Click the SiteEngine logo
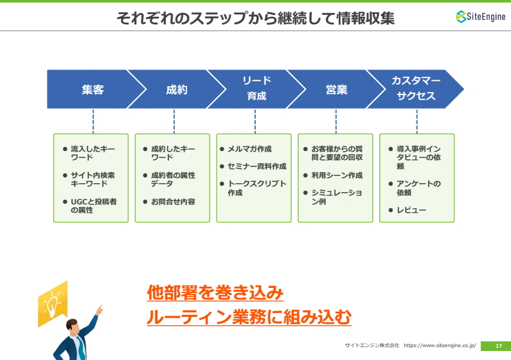click(x=481, y=16)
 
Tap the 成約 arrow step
click(x=176, y=89)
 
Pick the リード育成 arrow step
click(x=256, y=89)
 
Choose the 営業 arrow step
click(x=336, y=89)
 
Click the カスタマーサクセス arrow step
click(x=416, y=89)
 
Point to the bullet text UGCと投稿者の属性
click(x=94, y=206)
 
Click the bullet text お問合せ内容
click(x=173, y=202)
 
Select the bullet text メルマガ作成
click(x=249, y=149)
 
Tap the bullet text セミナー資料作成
click(x=257, y=166)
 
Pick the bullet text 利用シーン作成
click(x=337, y=175)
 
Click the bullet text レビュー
click(x=411, y=210)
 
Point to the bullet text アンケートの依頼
click(x=418, y=188)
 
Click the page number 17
click(x=499, y=346)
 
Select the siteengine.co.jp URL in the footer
click(x=440, y=345)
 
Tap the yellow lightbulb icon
click(x=53, y=303)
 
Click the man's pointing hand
click(x=100, y=309)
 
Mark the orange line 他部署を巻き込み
click(x=215, y=292)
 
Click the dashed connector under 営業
click(x=336, y=122)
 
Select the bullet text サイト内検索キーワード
click(x=93, y=179)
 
